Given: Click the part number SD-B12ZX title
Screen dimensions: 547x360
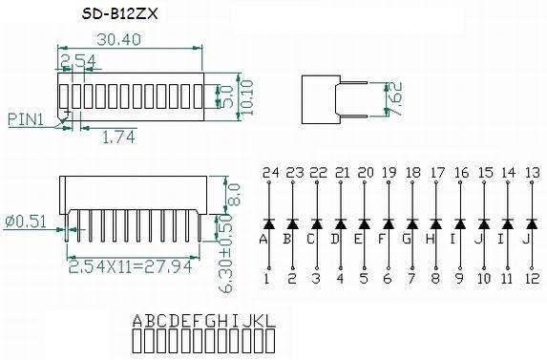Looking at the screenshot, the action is pos(119,13).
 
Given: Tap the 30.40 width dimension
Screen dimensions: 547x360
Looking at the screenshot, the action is pos(119,39).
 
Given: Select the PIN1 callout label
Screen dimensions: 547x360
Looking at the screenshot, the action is pos(26,119).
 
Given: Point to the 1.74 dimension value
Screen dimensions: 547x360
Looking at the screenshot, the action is pos(118,138).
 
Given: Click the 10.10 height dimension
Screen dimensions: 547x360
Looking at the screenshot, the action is pos(246,97).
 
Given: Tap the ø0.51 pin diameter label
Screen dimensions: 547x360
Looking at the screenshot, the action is pos(26,222).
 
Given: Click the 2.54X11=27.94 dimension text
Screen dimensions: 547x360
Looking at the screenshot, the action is pos(130,266).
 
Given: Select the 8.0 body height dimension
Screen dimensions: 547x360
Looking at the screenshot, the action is pos(234,194).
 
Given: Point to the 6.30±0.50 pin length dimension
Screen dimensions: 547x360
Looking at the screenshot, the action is pos(225,253).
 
